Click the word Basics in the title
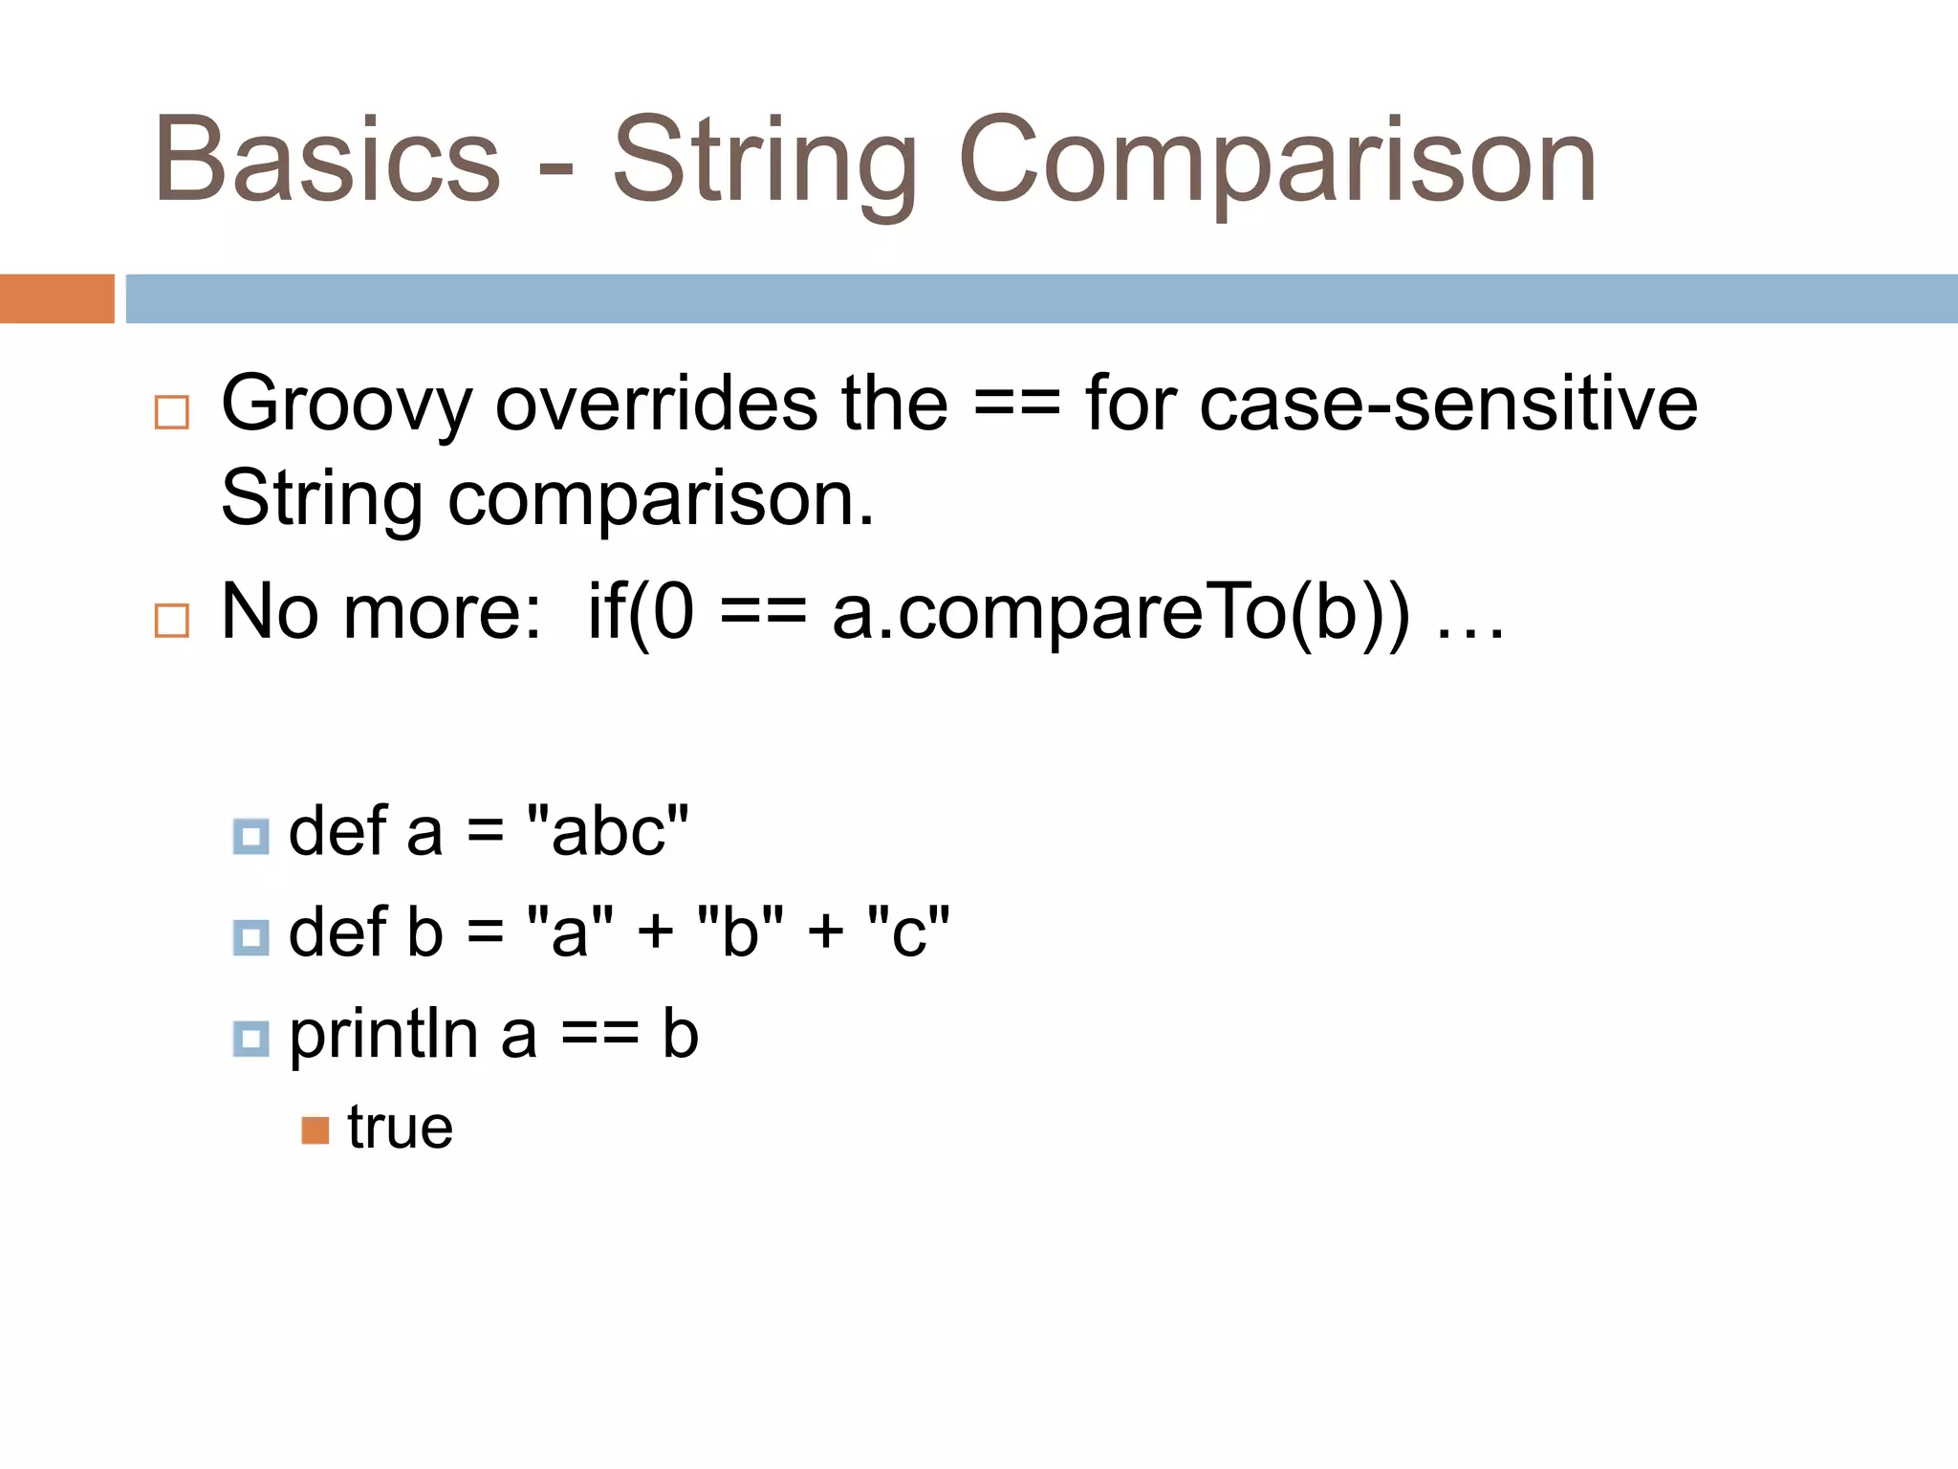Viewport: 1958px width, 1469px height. point(327,161)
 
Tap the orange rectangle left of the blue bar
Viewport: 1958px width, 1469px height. point(56,298)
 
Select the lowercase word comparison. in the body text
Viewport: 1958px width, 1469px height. point(661,499)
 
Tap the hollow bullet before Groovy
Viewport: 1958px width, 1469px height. point(172,412)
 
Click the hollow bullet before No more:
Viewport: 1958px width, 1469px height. point(172,621)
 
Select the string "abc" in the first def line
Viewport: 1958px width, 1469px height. point(608,831)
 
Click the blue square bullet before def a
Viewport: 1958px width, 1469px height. point(251,837)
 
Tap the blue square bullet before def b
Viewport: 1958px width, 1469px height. point(251,938)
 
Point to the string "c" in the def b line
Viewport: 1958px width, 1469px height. point(908,932)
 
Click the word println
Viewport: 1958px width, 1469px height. point(383,1036)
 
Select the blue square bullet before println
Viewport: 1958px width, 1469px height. point(251,1039)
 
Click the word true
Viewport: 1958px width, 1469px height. point(400,1129)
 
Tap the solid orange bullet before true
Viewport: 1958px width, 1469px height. point(315,1130)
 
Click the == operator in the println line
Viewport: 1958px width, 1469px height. point(599,1036)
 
